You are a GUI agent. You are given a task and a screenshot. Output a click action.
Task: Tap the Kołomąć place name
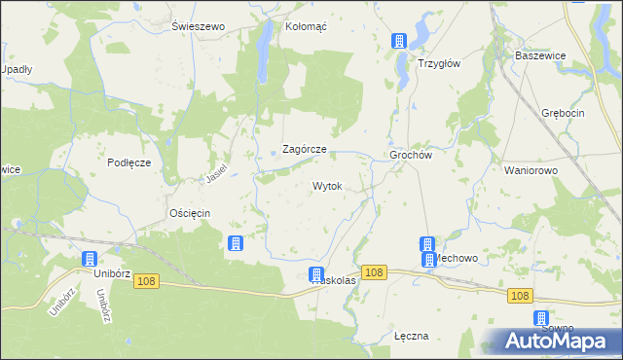pos(306,26)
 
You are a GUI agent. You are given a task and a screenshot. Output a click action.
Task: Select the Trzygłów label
pos(438,61)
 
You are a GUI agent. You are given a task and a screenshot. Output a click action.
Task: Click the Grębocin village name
pos(564,114)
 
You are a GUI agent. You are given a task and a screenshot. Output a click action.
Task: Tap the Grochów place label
pos(410,154)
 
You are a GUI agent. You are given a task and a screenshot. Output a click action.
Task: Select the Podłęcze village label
pos(128,162)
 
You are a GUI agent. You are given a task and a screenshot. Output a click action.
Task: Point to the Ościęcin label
pos(190,212)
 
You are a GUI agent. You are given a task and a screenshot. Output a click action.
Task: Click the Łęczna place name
pos(412,336)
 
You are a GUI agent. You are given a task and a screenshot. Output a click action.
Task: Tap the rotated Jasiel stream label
pos(215,172)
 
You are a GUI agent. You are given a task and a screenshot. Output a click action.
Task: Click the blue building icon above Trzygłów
pos(397,41)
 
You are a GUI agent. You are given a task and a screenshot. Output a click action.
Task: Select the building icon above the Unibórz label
pos(90,259)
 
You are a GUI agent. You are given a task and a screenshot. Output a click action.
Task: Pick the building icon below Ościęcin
pos(235,243)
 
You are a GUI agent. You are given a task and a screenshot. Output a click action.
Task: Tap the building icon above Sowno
pos(540,318)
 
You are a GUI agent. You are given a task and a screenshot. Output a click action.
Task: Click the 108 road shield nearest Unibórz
pos(146,281)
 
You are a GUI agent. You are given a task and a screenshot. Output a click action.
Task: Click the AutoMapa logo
pos(559,341)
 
